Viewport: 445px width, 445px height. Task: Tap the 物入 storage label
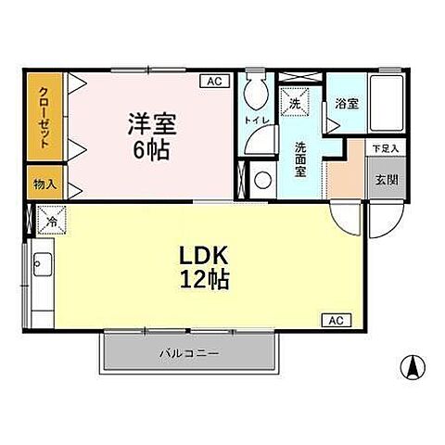click(44, 184)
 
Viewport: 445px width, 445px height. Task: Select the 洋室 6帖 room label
click(150, 135)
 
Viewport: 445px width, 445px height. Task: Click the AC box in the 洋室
click(214, 82)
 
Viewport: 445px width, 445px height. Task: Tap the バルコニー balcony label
click(188, 354)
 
